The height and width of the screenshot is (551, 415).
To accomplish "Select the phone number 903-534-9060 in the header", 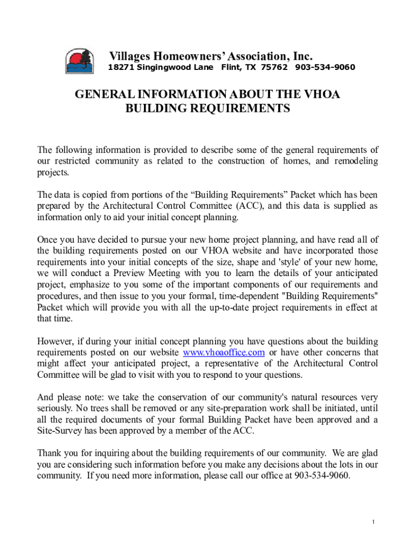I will click(325, 68).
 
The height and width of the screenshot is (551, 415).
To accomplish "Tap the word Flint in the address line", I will click(232, 68).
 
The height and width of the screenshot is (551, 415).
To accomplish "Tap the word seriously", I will click(56, 409).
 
